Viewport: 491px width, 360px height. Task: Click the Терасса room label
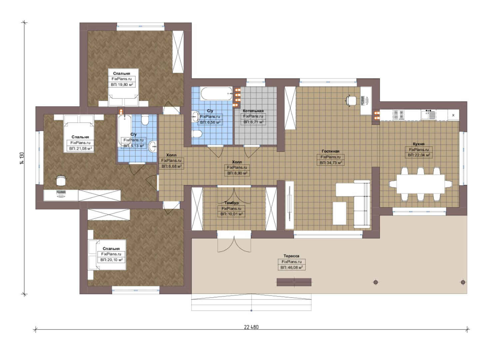291,256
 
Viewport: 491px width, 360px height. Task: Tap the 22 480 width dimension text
251,327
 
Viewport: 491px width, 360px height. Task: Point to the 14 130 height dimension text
22,159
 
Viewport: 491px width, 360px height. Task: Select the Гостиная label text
330,151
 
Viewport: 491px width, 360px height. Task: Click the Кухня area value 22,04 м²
419,155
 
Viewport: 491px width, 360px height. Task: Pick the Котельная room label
253,111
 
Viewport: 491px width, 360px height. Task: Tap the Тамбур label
232,203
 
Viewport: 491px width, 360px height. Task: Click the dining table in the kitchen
421,184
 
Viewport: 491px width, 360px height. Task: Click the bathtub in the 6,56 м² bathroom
216,94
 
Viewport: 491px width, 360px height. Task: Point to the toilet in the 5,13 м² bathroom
145,120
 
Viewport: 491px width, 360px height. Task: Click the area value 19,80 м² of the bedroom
122,85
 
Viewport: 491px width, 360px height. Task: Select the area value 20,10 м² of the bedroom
112,260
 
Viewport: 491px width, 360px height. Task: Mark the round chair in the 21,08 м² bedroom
61,180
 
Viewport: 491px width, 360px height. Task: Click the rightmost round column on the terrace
463,282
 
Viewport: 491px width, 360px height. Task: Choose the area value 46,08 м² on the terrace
292,267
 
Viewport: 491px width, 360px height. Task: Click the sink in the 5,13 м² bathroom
153,146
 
